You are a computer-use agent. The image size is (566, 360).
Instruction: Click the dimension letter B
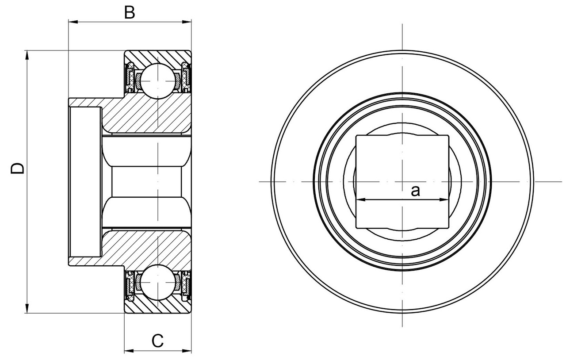click(129, 13)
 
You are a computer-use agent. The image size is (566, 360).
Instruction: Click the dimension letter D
click(18, 169)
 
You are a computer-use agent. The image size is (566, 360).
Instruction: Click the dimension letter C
click(157, 341)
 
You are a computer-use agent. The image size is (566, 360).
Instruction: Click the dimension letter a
click(415, 191)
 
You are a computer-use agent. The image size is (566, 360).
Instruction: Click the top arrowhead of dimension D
click(27, 54)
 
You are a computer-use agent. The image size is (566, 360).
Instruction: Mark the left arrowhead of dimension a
click(359, 200)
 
